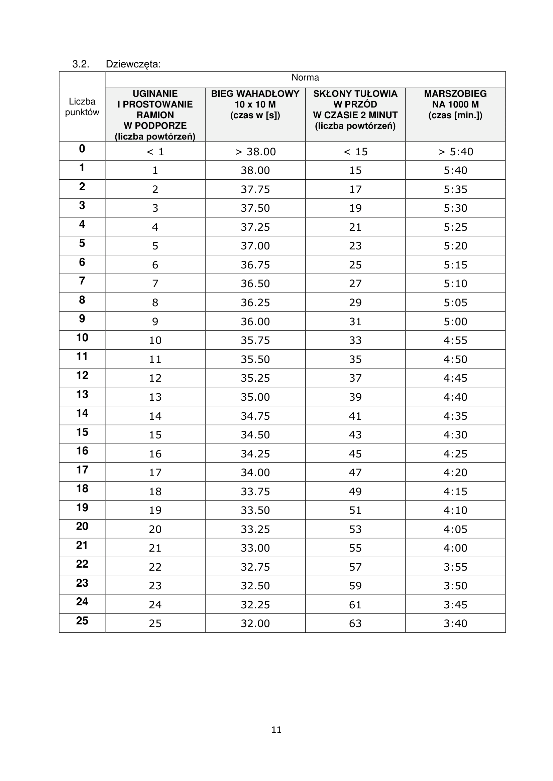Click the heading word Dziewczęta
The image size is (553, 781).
click(x=133, y=64)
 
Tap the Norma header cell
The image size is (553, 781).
click(x=305, y=77)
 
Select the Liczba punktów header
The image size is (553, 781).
click(x=82, y=107)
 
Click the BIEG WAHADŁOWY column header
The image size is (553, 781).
click(x=255, y=104)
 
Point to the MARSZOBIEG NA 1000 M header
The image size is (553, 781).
click(x=455, y=104)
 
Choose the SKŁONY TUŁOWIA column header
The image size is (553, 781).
click(x=355, y=110)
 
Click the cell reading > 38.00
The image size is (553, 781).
click(x=255, y=152)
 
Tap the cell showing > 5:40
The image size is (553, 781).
click(x=456, y=152)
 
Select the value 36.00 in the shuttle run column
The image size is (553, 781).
click(x=255, y=322)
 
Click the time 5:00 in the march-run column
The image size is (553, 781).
click(x=456, y=322)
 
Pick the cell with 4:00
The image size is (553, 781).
click(x=456, y=548)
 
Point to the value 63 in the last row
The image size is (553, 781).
click(x=355, y=623)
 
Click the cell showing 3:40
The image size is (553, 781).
click(x=456, y=623)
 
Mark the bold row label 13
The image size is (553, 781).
click(x=82, y=394)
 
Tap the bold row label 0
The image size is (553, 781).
click(x=82, y=149)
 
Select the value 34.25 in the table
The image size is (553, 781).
click(x=255, y=453)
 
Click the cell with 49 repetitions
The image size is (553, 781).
click(x=355, y=491)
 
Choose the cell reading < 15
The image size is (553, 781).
click(x=355, y=152)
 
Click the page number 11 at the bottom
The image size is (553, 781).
click(x=276, y=730)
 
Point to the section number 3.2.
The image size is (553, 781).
click(x=81, y=64)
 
